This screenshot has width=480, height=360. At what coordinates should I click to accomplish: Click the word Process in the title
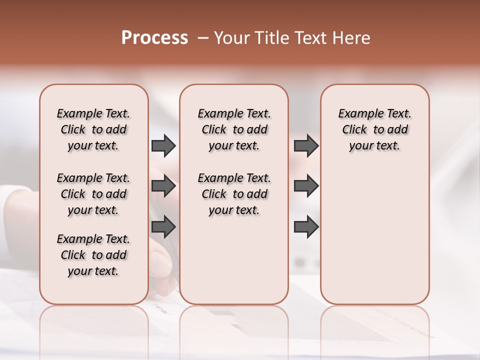154,38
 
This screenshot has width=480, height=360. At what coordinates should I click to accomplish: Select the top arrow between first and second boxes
163,146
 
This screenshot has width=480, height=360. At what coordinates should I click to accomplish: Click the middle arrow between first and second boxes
163,186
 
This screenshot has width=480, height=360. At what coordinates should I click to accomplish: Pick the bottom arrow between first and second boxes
163,227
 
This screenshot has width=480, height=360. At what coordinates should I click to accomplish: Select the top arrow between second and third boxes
306,146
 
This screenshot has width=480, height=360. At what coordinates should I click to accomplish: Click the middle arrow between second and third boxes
306,186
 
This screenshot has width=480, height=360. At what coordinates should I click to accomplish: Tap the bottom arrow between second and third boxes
306,227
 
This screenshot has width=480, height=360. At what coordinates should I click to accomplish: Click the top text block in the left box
93,129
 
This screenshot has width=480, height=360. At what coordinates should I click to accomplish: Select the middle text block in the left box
93,194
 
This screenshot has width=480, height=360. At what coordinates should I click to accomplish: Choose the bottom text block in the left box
93,255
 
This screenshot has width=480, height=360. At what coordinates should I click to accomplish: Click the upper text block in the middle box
234,129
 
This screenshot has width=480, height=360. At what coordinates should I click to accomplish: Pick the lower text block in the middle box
234,194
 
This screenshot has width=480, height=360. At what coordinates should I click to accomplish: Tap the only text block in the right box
375,129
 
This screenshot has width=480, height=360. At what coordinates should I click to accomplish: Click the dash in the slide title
202,38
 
